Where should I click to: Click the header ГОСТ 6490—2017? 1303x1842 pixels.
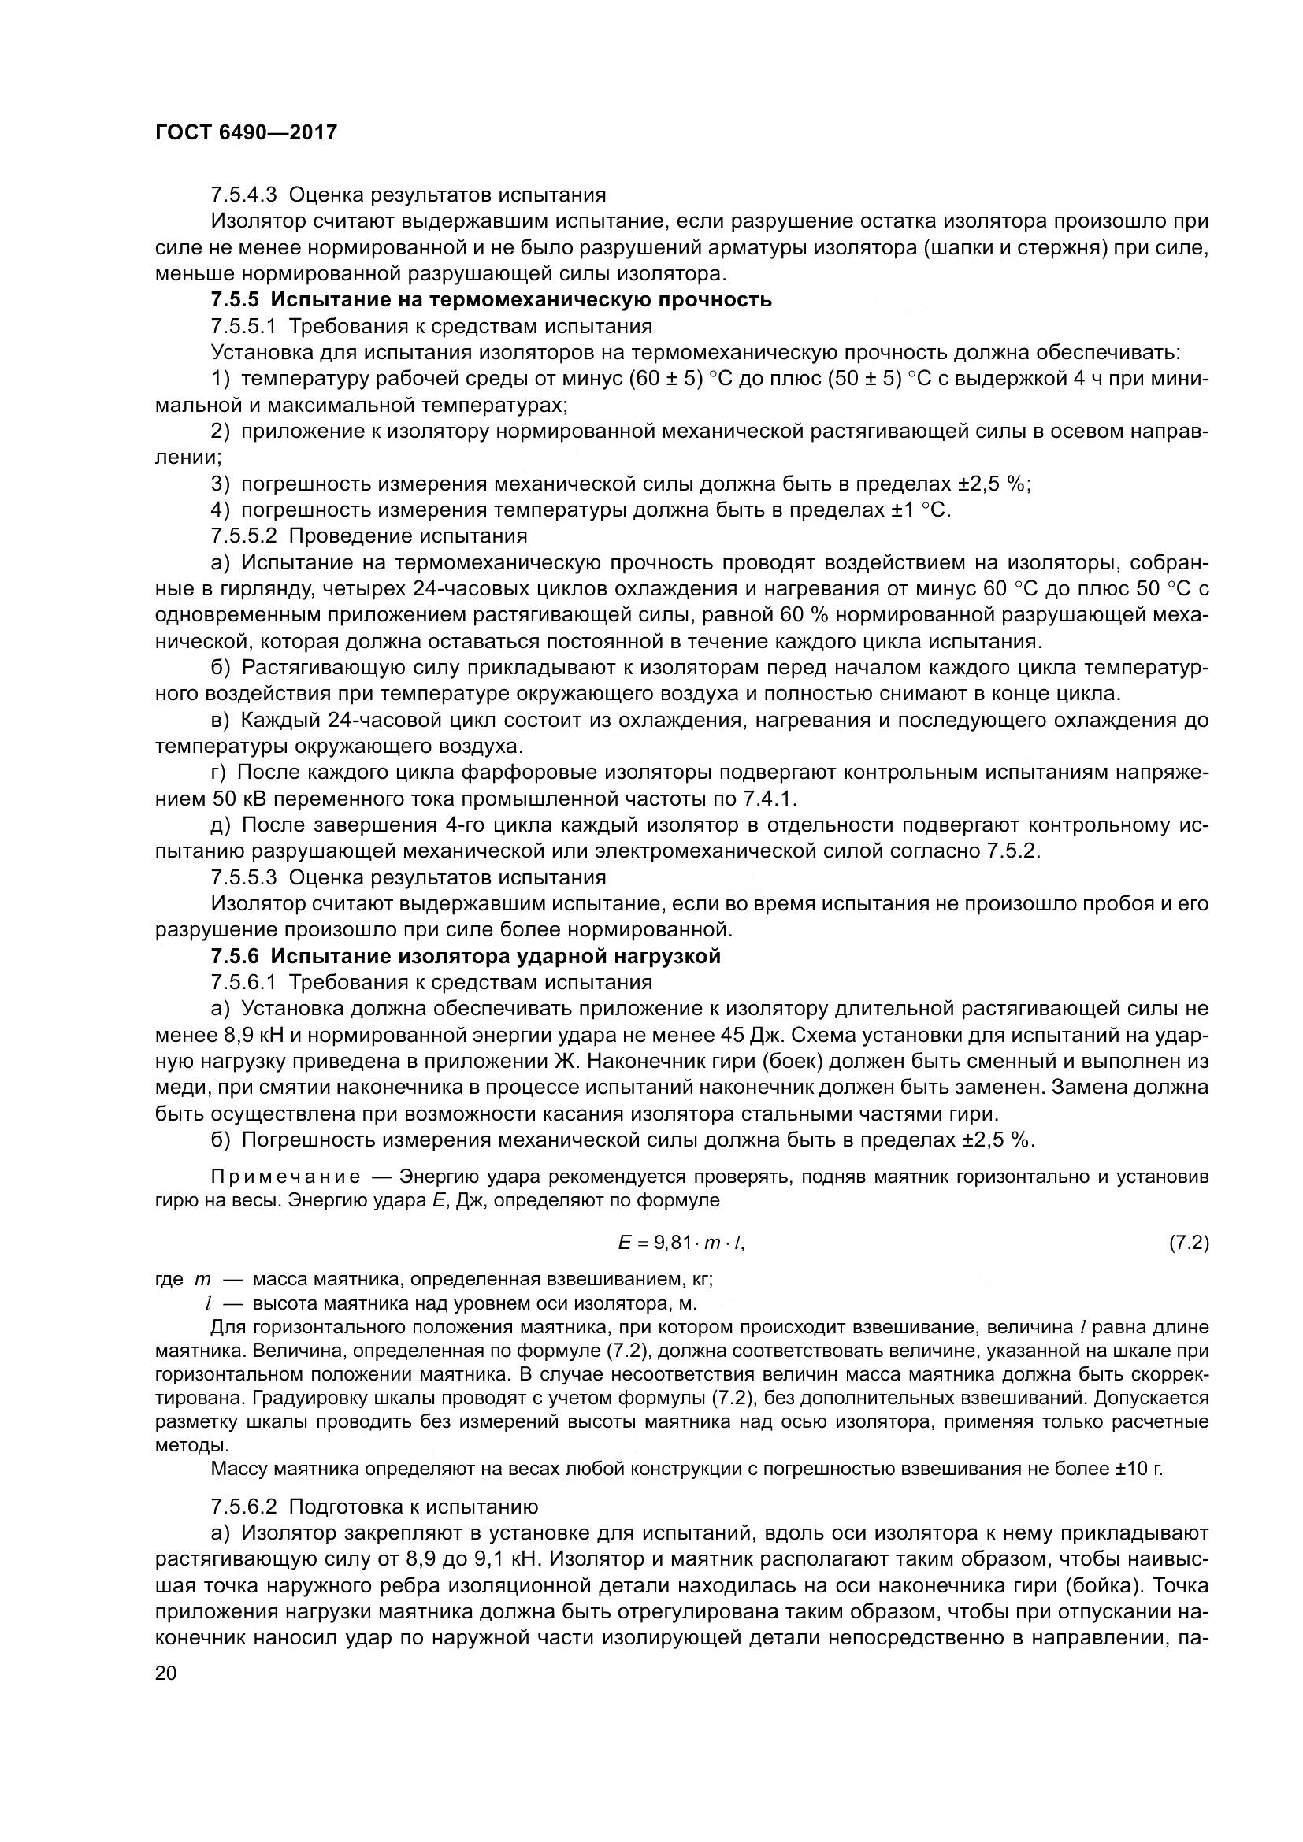(246, 132)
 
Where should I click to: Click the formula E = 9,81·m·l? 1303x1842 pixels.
(687, 1243)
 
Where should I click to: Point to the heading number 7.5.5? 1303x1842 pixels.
(236, 300)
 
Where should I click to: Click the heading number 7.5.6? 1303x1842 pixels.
(236, 956)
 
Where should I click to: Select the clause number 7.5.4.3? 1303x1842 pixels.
(246, 195)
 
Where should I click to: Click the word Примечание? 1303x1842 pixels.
(286, 1177)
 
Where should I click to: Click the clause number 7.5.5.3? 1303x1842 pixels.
(246, 877)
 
